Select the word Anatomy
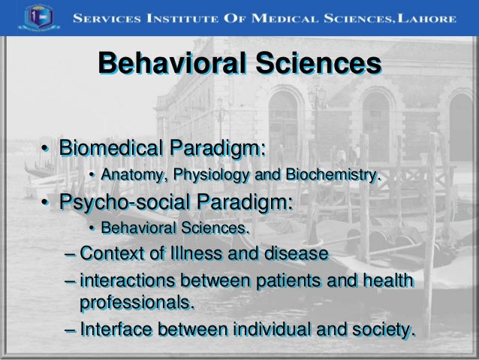(x=132, y=176)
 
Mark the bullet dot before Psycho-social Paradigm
(x=46, y=204)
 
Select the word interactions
(x=127, y=281)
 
